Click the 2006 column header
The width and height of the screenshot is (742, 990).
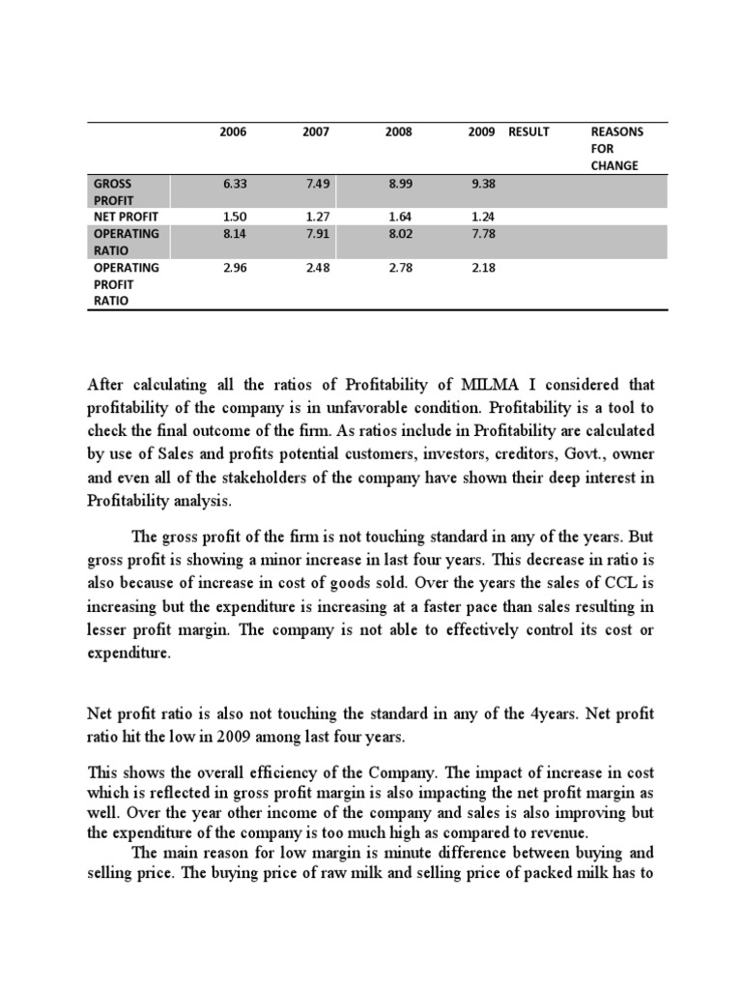(233, 131)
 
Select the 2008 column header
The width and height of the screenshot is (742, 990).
(398, 131)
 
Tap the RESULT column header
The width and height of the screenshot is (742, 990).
(528, 131)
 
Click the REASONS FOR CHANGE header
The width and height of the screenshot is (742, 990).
(616, 148)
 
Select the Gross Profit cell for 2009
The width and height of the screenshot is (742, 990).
(481, 183)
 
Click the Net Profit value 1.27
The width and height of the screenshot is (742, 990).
(316, 217)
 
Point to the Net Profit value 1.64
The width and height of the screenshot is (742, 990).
(398, 217)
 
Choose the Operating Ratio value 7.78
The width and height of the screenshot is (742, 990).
(481, 234)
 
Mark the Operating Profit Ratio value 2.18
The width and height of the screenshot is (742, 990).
(481, 268)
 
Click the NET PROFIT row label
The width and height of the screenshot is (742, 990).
(126, 217)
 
